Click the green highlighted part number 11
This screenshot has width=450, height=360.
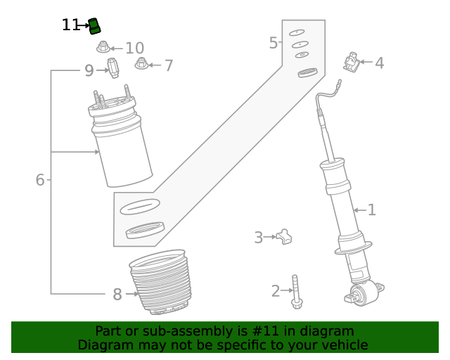click(95, 27)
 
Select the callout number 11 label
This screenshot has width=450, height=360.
click(71, 25)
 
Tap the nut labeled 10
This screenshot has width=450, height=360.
click(103, 48)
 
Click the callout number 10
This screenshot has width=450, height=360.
click(134, 48)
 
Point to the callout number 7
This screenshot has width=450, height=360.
click(168, 66)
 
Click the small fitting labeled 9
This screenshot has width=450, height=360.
click(112, 68)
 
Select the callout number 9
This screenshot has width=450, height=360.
click(89, 70)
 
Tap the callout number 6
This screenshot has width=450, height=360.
click(40, 180)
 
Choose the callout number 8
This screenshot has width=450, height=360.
click(117, 295)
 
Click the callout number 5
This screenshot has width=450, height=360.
click(274, 44)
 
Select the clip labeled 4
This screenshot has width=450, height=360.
click(352, 63)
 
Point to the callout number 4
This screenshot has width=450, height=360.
click(379, 63)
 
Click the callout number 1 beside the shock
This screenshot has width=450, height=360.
click(371, 210)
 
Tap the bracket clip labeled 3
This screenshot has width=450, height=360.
click(283, 238)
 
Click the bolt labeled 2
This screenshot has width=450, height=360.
click(296, 291)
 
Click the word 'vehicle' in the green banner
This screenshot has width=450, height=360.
click(342, 345)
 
